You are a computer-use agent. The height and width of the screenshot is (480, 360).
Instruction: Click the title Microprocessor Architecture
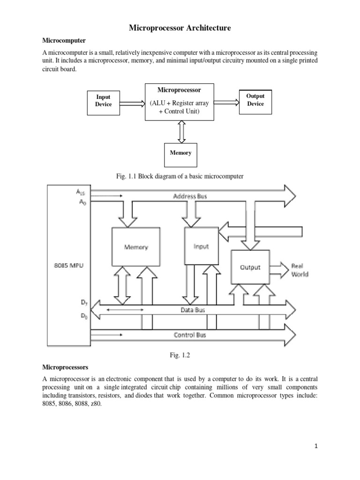coord(180,29)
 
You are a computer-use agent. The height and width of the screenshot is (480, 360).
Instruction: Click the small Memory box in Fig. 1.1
coord(180,153)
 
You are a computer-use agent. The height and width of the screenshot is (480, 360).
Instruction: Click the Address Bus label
coord(190,196)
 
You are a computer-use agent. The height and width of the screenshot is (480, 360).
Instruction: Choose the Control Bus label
coord(189,335)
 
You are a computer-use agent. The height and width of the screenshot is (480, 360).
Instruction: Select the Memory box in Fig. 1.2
coord(136,247)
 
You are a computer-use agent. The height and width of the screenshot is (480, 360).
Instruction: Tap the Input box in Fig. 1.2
coord(201,247)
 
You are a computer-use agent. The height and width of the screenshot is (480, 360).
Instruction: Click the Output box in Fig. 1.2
coord(250,267)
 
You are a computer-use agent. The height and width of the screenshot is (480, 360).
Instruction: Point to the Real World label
coord(300,269)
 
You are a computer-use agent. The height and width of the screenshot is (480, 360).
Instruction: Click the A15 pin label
coord(81,192)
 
